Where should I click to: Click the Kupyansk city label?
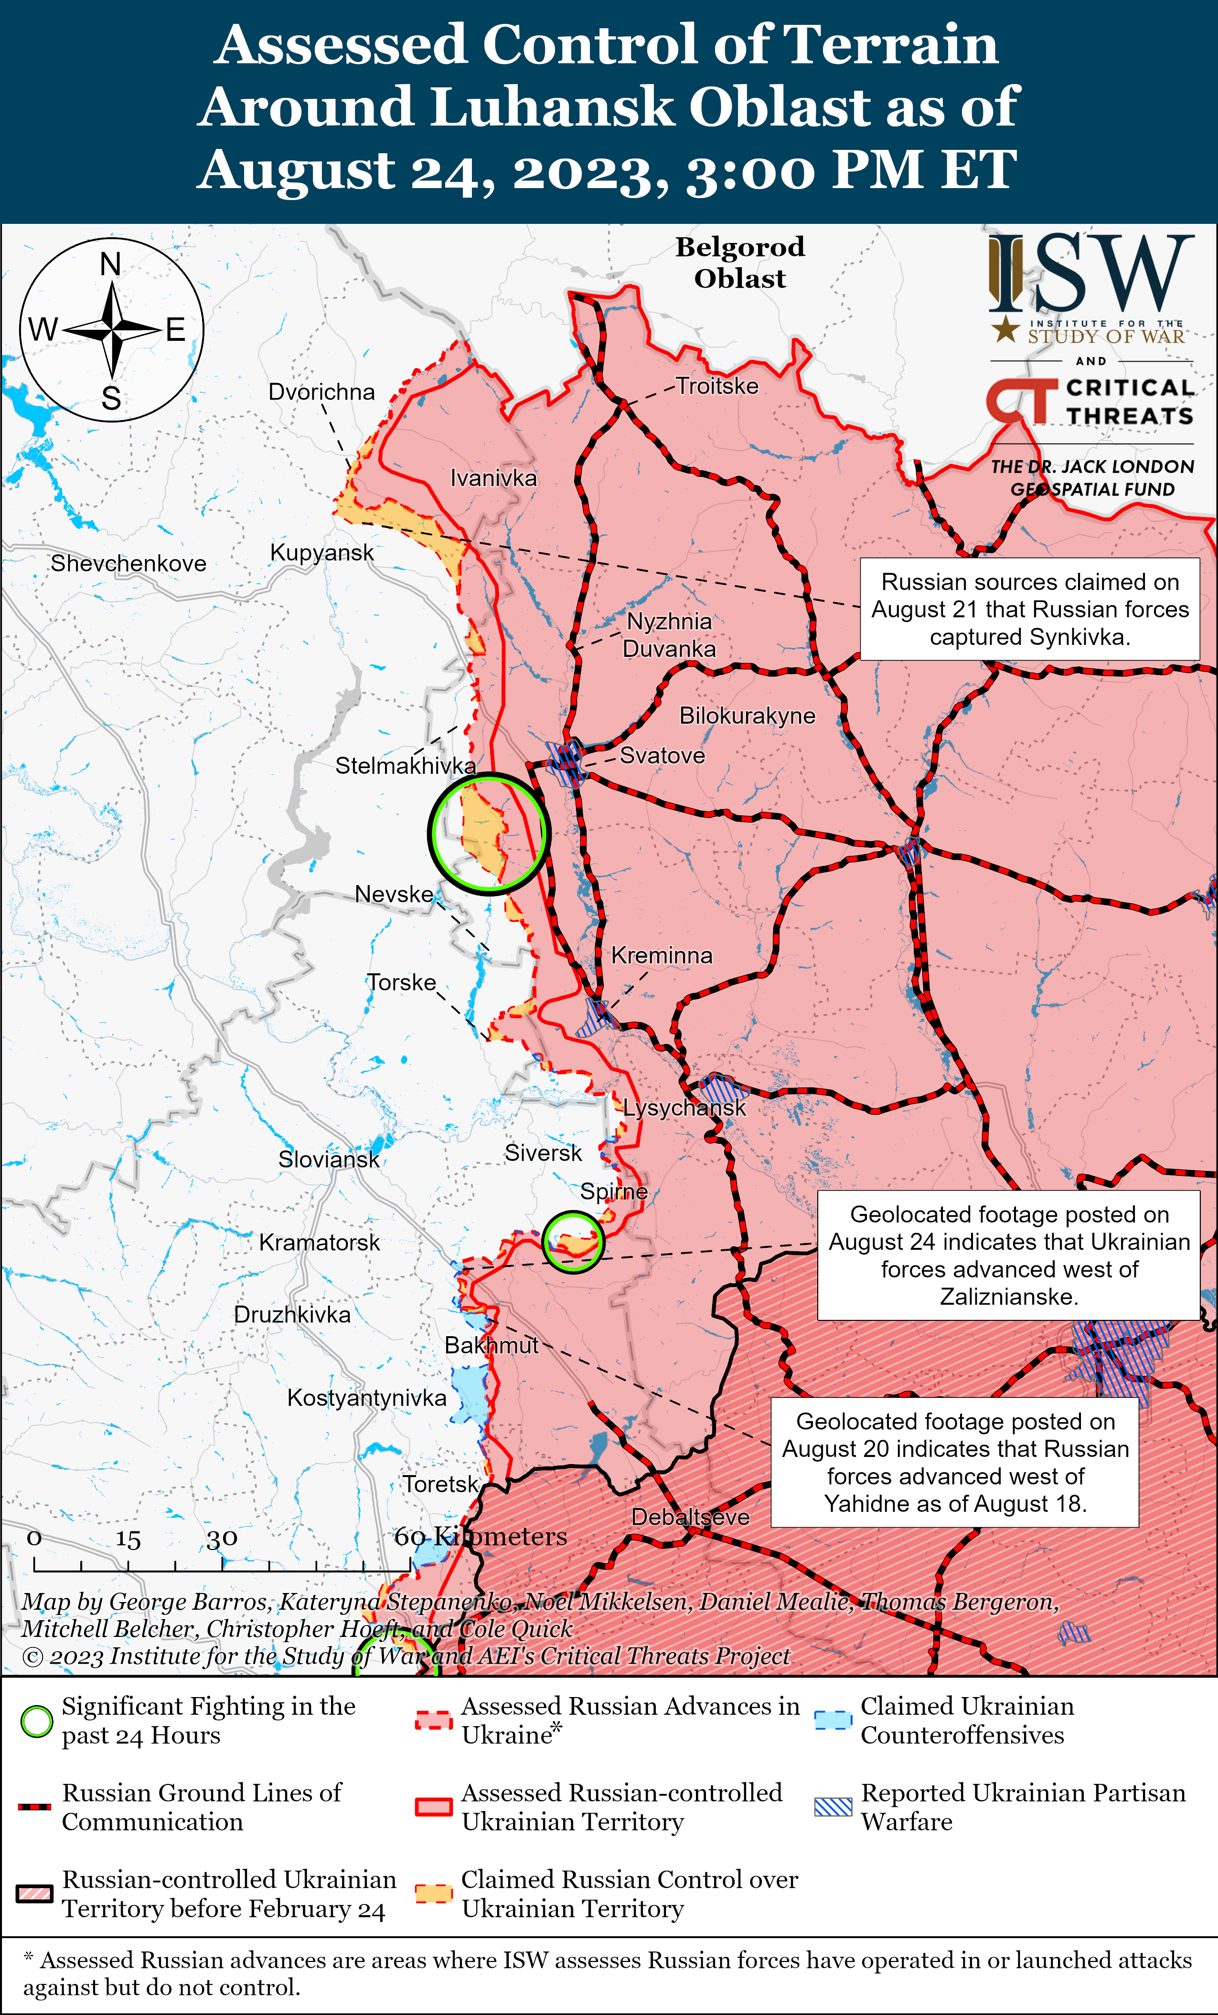pos(321,553)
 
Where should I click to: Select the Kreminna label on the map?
pos(661,955)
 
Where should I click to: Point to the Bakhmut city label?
pos(491,1345)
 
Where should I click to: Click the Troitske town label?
pos(716,386)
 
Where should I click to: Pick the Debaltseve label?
pos(690,1517)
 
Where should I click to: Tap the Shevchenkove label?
pos(128,563)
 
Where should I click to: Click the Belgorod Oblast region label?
pos(739,263)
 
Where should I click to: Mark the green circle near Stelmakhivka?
pos(488,833)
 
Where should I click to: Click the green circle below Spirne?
pos(573,1241)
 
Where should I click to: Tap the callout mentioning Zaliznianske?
pos(1009,1255)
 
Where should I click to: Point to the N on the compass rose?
pos(110,264)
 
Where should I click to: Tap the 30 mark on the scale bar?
pos(222,1539)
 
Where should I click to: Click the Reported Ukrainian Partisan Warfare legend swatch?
pos(833,1806)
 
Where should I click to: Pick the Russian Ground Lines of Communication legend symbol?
pos(34,1806)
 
